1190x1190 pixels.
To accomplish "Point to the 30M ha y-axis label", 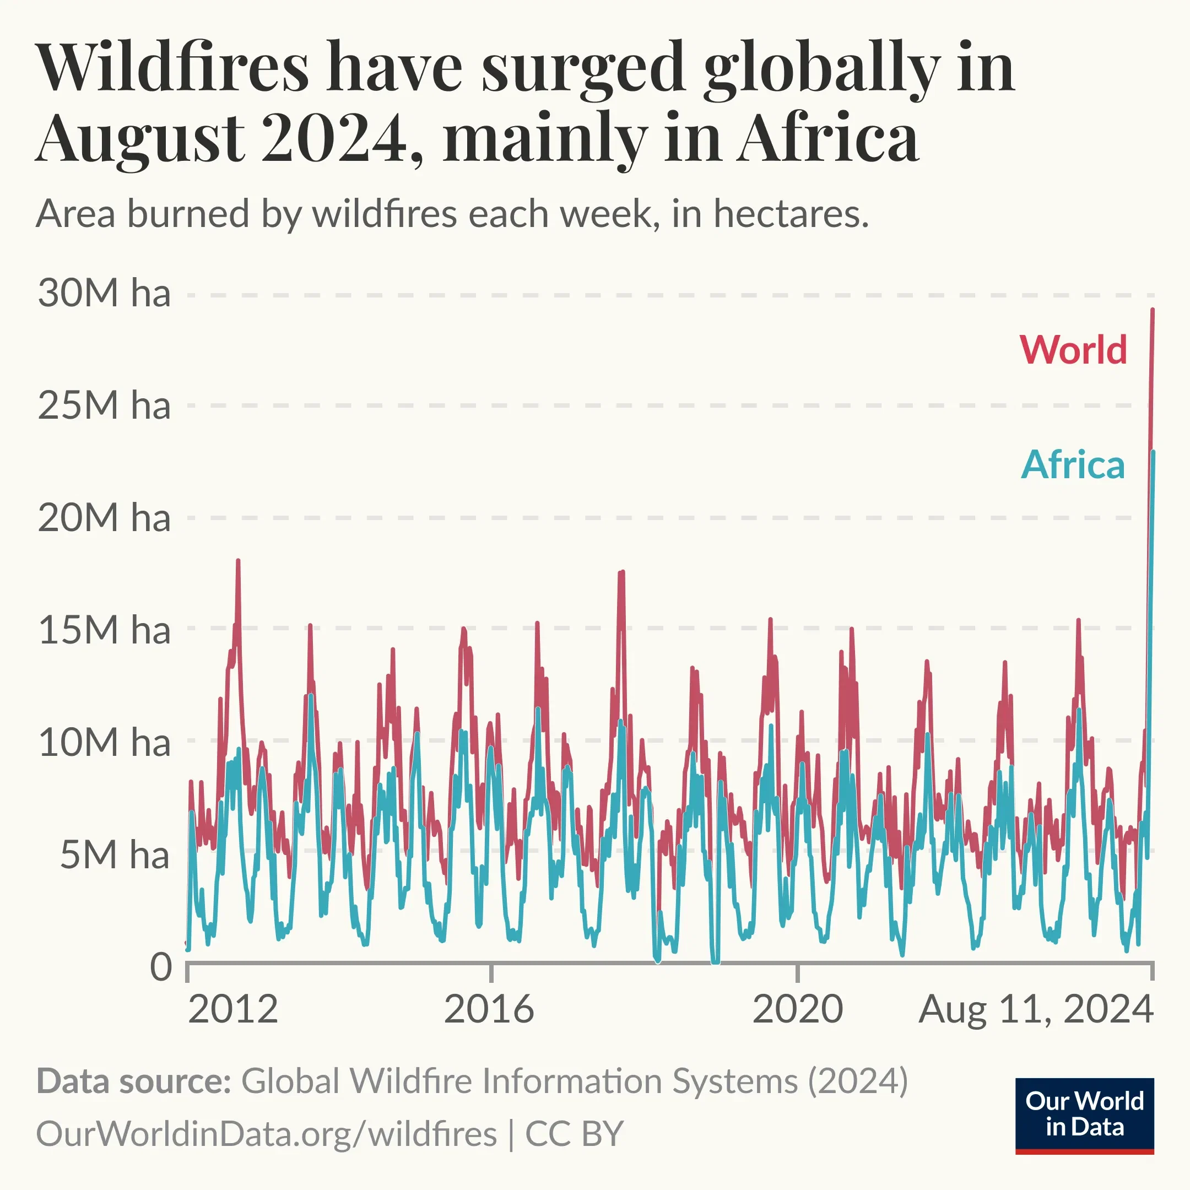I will (x=104, y=293).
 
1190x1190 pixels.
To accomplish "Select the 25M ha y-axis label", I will (x=104, y=406).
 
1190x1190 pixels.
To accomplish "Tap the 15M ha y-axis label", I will (x=104, y=630).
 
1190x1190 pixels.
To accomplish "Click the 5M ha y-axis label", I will (x=115, y=855).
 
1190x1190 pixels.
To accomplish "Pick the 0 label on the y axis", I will (x=161, y=967).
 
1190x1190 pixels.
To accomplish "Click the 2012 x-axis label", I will (x=233, y=1009).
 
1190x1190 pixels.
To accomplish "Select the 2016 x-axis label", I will (x=489, y=1009).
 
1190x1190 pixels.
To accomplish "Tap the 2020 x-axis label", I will (x=797, y=1009).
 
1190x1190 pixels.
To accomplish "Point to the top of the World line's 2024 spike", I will (x=1153, y=310).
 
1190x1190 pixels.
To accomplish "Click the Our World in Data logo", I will (x=1084, y=1115).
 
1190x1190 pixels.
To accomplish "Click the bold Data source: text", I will (x=133, y=1080).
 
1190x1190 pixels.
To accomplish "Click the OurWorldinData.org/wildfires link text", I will (x=266, y=1133).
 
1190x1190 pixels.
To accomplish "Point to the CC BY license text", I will (x=574, y=1133).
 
